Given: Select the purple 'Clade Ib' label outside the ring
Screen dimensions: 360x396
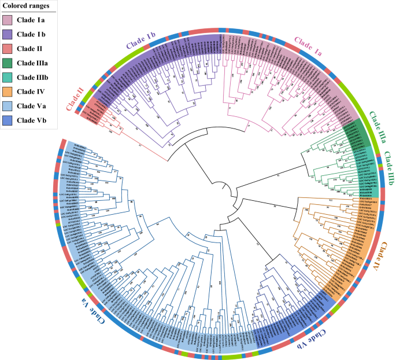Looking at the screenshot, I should click(x=138, y=41).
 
